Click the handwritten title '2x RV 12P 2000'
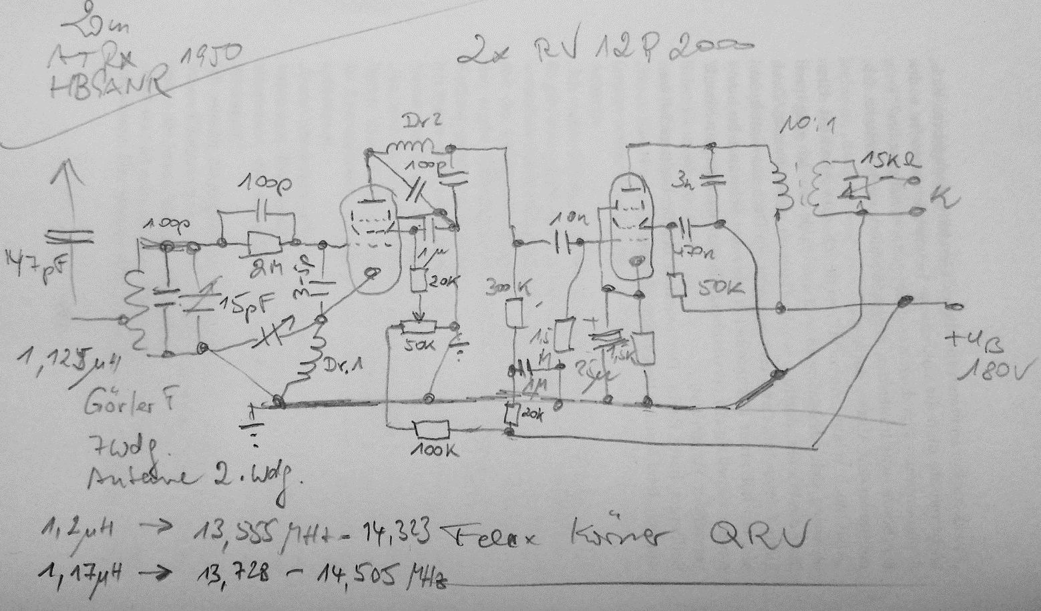coord(604,50)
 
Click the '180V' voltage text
coord(996,369)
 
